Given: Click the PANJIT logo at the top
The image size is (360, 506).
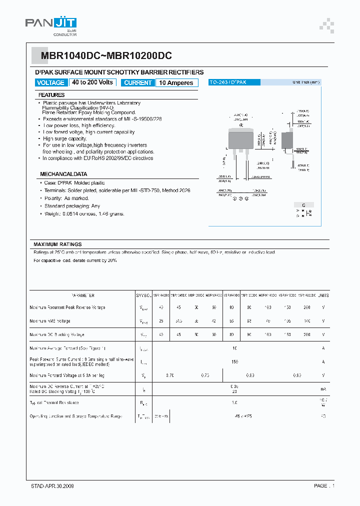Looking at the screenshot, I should (x=50, y=25).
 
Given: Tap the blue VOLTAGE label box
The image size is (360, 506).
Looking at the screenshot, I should (x=50, y=83).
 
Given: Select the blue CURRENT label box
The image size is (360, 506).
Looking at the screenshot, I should (x=137, y=83).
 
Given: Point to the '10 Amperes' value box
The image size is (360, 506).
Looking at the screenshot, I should (x=176, y=83).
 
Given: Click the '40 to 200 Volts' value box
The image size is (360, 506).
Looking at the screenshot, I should (x=92, y=82).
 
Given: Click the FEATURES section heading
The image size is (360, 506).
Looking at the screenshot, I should (x=51, y=95).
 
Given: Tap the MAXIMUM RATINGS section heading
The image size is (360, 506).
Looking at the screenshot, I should (x=57, y=244).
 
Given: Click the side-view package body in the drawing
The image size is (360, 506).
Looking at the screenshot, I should (x=287, y=139).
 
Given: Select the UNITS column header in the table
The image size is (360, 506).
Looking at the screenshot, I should (x=323, y=295).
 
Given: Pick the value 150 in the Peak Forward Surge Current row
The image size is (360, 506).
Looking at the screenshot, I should (x=234, y=361).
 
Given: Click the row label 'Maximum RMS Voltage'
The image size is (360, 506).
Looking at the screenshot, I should (x=50, y=321).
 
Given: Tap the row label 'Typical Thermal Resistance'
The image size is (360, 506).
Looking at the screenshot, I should (x=54, y=402).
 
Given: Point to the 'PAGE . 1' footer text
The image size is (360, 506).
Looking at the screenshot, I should (x=324, y=485).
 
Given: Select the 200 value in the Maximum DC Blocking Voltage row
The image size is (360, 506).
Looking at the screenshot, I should (x=306, y=334).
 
